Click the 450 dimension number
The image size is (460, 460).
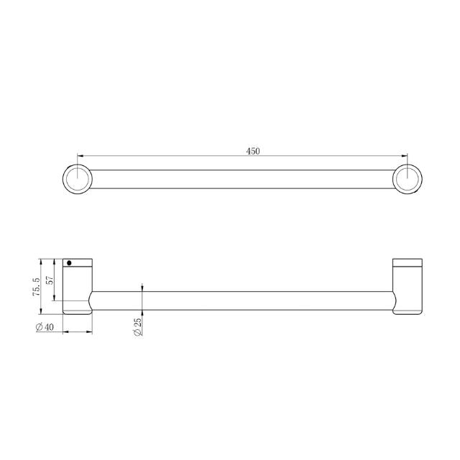point(253,151)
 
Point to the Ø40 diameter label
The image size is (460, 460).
point(45,327)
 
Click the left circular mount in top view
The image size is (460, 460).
point(77,179)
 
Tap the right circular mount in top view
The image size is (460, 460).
point(408,179)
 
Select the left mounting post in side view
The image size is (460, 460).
point(78,285)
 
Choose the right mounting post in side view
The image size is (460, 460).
point(408,285)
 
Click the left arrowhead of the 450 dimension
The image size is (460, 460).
point(80,155)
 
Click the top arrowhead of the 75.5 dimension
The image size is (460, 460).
point(42,260)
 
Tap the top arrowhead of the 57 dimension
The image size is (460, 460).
point(55,260)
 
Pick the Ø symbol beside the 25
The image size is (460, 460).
point(136,333)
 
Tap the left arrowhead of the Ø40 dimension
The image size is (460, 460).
point(66,332)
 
